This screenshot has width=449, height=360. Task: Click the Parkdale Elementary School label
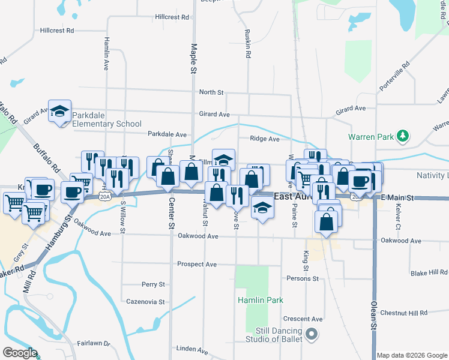coord(106,119)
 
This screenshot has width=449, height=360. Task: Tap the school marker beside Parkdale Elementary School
coord(59,111)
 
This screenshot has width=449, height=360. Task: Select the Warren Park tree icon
coord(404,136)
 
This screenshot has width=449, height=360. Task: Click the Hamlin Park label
coord(259,299)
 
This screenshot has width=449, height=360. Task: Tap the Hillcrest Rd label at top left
coord(57,30)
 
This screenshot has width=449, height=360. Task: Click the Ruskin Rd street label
coord(247,44)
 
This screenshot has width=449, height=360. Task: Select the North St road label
coord(211,92)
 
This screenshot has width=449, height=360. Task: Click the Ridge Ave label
coord(265,139)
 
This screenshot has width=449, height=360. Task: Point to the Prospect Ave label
coord(197,264)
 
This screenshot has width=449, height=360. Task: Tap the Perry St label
coord(153,284)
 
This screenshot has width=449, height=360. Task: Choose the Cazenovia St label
coord(145,302)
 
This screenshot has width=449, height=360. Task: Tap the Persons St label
coord(303,278)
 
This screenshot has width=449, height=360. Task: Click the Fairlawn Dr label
coord(94,343)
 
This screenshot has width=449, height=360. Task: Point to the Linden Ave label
coord(191,349)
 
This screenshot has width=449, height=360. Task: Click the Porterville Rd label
coord(394,76)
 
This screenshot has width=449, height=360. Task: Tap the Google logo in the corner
coord(20,353)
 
